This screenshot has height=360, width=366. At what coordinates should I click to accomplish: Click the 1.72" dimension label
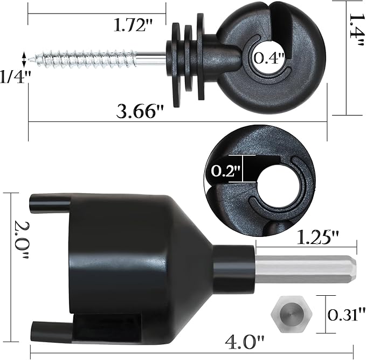pos(133,25)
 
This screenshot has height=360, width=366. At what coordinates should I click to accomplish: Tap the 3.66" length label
pos(140,112)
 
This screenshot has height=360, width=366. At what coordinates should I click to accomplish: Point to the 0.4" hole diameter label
pos(269,58)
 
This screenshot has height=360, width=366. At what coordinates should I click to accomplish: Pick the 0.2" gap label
pos(226,171)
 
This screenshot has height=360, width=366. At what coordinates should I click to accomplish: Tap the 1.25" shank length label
pos(317,237)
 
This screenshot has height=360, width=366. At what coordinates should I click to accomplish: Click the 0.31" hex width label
pos(347,315)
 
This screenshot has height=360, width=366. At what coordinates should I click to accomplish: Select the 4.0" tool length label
pos(245,343)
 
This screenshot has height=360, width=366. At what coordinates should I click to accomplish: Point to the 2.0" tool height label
pos(22,240)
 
